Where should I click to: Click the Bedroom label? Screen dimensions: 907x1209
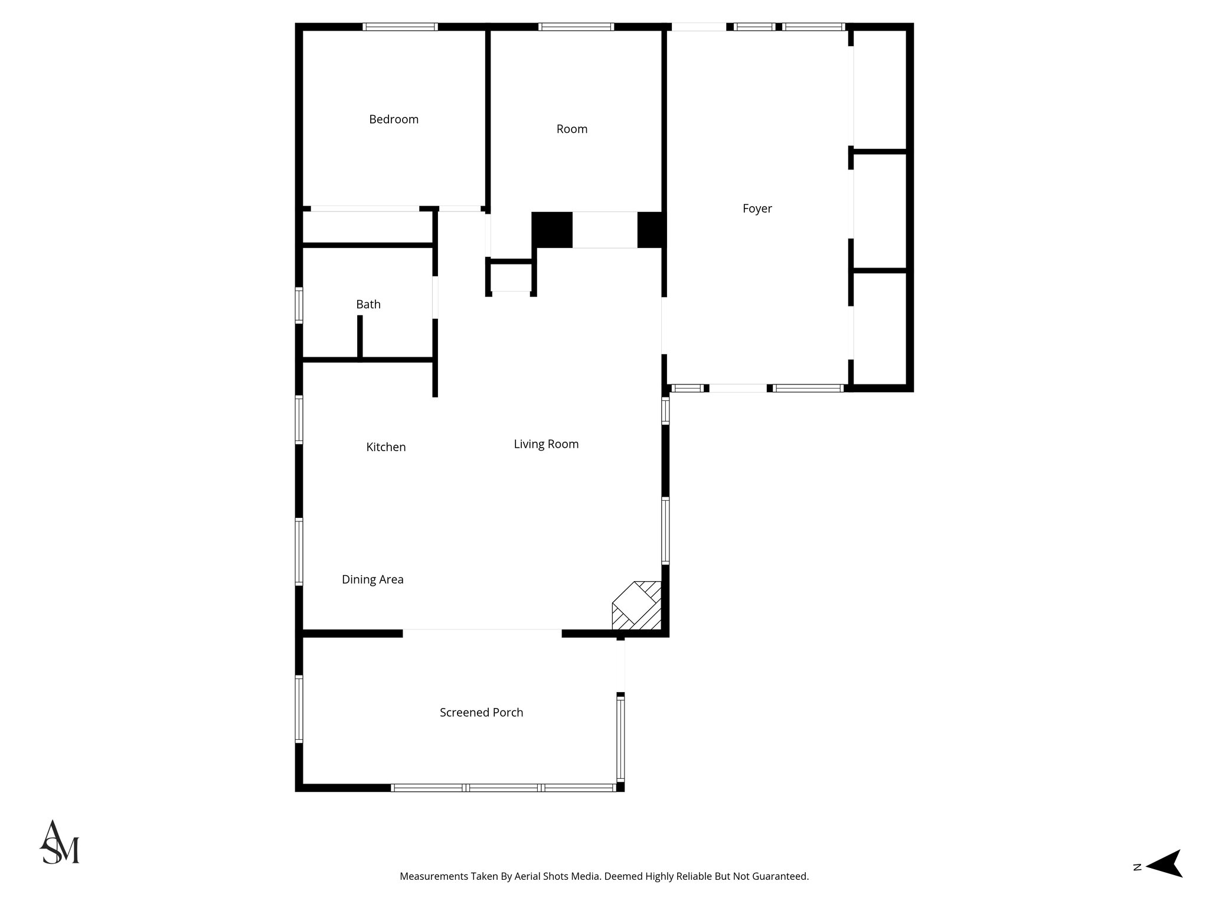pyautogui.click(x=394, y=119)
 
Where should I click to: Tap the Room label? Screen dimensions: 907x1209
pyautogui.click(x=571, y=129)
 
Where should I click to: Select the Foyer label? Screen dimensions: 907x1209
pyautogui.click(x=757, y=208)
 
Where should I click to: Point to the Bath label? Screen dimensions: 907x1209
pyautogui.click(x=368, y=305)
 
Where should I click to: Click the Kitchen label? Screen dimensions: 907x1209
pyautogui.click(x=385, y=447)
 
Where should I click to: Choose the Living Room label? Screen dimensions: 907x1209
pyautogui.click(x=546, y=444)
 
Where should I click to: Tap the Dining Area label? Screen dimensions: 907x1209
pyautogui.click(x=372, y=579)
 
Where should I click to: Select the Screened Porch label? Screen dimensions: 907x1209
pyautogui.click(x=481, y=713)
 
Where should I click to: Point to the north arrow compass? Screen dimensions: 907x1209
pyautogui.click(x=1162, y=880)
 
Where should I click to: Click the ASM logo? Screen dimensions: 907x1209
pyautogui.click(x=60, y=843)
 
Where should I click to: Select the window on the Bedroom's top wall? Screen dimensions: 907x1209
pyautogui.click(x=400, y=27)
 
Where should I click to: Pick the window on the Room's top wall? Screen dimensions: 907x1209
pyautogui.click(x=576, y=27)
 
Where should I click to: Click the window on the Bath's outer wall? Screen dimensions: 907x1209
pyautogui.click(x=299, y=305)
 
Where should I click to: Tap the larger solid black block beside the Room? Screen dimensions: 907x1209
pyautogui.click(x=552, y=230)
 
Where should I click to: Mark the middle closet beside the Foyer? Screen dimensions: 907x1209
pyautogui.click(x=880, y=211)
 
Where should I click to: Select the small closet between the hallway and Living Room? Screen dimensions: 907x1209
pyautogui.click(x=511, y=276)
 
